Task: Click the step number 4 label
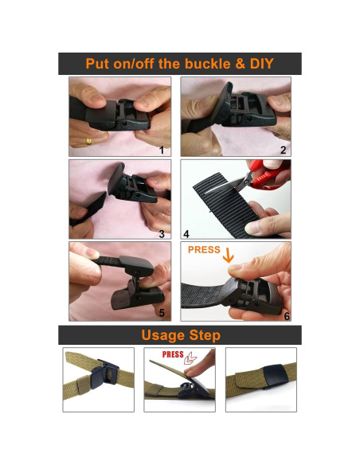click(x=186, y=233)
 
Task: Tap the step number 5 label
click(x=162, y=314)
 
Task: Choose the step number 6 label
click(x=286, y=315)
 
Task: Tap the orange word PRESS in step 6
click(x=203, y=250)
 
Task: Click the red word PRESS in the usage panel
click(x=173, y=355)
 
